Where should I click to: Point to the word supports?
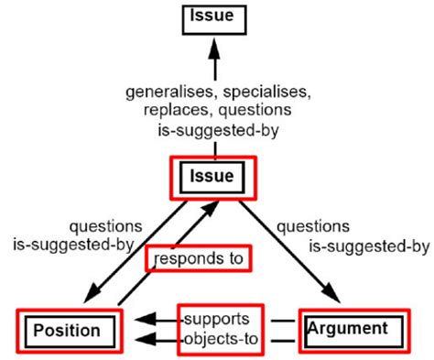pyautogui.click(x=216, y=319)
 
